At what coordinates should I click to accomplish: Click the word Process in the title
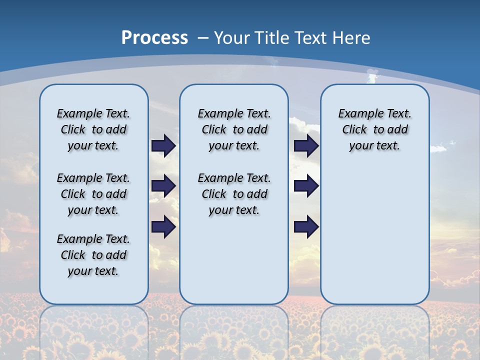pyautogui.click(x=154, y=37)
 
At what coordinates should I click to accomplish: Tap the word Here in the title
pyautogui.click(x=352, y=37)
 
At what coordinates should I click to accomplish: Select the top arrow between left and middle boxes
pyautogui.click(x=163, y=145)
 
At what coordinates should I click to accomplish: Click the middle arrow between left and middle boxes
pyautogui.click(x=163, y=186)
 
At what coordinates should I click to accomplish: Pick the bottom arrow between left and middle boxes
pyautogui.click(x=163, y=227)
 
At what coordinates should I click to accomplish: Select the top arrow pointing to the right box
pyautogui.click(x=306, y=145)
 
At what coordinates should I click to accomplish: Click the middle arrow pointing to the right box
pyautogui.click(x=306, y=186)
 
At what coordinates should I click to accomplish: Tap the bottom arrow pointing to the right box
pyautogui.click(x=306, y=227)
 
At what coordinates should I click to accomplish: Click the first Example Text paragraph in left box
pyautogui.click(x=93, y=129)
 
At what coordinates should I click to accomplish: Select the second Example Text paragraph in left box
pyautogui.click(x=93, y=194)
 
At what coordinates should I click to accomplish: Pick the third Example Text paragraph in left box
pyautogui.click(x=93, y=255)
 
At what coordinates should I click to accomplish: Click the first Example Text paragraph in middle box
pyautogui.click(x=234, y=129)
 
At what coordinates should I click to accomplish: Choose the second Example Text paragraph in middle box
pyautogui.click(x=234, y=194)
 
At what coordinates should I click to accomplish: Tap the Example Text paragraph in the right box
pyautogui.click(x=374, y=129)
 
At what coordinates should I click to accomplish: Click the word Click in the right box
pyautogui.click(x=354, y=129)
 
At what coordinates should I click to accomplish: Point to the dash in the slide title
pyautogui.click(x=203, y=37)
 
